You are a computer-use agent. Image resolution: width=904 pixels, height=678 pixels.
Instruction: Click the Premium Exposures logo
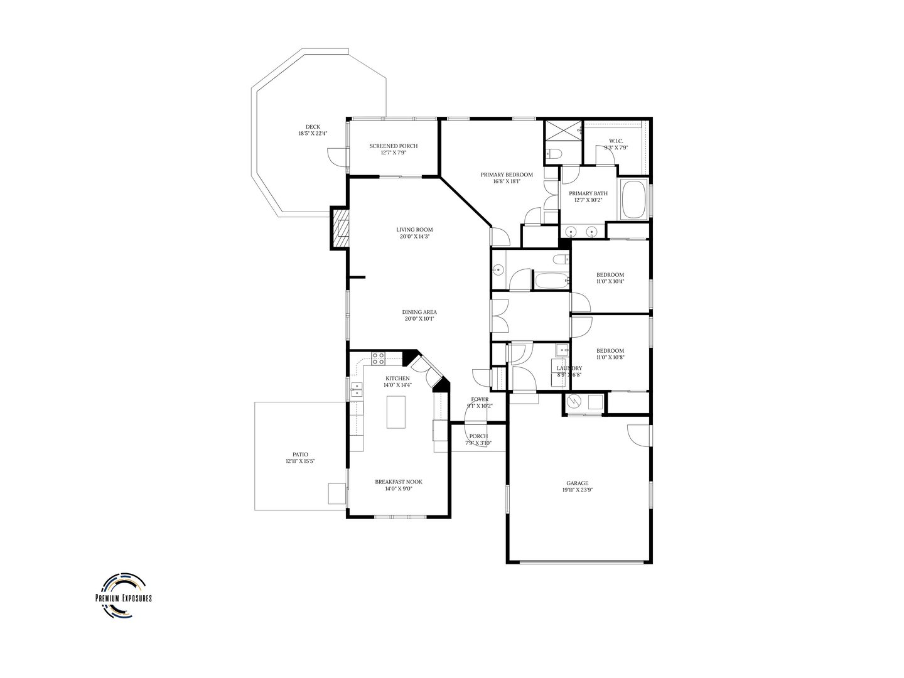(123, 594)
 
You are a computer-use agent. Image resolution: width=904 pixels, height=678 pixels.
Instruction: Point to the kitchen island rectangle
(396, 412)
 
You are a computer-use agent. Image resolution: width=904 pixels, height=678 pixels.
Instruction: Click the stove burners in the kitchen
(378, 358)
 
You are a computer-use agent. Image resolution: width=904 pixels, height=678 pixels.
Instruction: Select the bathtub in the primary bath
(633, 200)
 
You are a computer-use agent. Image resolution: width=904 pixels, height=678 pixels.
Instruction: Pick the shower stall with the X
(562, 132)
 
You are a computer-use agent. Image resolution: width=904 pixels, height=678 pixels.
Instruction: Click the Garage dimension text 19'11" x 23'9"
(578, 490)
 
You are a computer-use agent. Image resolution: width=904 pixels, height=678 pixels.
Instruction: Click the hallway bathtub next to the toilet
(551, 279)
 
